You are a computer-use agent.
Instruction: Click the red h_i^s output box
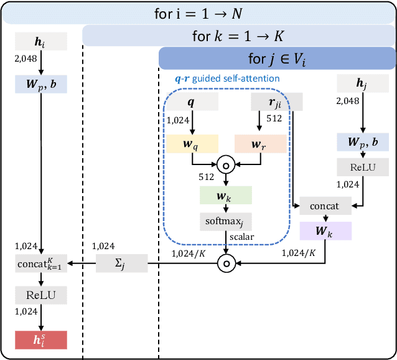40,339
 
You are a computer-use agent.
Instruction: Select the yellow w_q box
192,144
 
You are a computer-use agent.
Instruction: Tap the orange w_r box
259,144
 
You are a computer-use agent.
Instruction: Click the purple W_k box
325,230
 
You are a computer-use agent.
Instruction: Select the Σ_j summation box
121,264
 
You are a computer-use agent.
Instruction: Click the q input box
192,102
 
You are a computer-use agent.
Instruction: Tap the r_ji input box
276,102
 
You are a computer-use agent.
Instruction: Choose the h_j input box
363,82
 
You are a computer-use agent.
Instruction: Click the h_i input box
40,42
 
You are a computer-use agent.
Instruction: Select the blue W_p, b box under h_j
363,142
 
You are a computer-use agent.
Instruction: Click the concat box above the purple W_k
325,206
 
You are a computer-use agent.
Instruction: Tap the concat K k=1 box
40,264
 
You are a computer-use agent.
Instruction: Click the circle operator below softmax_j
226,264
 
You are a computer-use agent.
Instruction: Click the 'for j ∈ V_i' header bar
278,59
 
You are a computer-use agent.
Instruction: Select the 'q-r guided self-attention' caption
227,78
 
